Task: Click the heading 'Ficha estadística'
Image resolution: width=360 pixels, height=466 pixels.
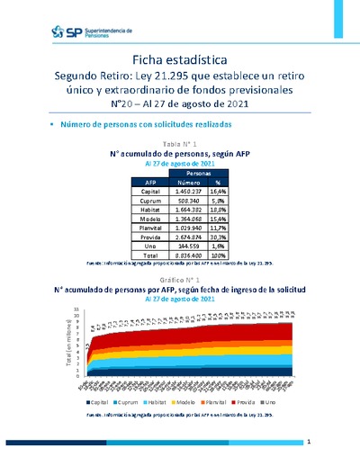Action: pos(179,58)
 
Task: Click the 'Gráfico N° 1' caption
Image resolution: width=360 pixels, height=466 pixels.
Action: pos(179,281)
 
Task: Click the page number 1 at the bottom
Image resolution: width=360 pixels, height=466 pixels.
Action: pos(308,443)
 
